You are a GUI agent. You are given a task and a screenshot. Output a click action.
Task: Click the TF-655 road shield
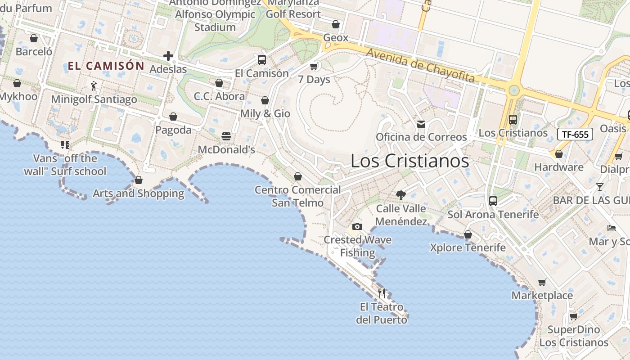575,134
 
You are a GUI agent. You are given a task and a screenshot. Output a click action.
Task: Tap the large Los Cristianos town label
409,161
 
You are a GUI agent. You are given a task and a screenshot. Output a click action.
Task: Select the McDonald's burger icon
226,136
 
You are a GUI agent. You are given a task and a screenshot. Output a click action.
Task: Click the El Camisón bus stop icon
261,59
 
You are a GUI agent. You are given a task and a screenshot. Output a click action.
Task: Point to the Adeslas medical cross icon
168,56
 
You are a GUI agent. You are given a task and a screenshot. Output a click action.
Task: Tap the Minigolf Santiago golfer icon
94,85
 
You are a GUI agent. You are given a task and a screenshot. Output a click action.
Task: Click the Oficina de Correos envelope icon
421,124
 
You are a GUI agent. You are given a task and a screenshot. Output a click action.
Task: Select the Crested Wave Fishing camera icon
357,226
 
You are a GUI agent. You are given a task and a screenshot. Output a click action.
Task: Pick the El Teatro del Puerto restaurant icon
382,293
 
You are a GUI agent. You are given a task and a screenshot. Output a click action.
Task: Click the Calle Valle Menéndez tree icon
400,195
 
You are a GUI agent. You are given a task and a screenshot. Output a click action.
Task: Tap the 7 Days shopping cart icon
314,67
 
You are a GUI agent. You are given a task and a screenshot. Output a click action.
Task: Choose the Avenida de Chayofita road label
420,66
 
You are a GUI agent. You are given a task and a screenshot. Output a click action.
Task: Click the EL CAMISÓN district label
106,66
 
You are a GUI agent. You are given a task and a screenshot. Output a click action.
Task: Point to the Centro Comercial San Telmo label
297,196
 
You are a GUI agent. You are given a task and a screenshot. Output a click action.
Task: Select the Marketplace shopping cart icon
542,283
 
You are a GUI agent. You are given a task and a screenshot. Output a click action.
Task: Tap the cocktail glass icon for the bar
599,187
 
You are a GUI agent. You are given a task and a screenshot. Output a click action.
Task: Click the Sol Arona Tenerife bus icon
493,201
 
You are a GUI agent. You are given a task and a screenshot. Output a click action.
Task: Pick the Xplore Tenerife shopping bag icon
468,234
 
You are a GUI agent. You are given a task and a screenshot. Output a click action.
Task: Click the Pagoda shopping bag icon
173,117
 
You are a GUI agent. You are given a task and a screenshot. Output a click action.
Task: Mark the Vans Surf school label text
70,165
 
